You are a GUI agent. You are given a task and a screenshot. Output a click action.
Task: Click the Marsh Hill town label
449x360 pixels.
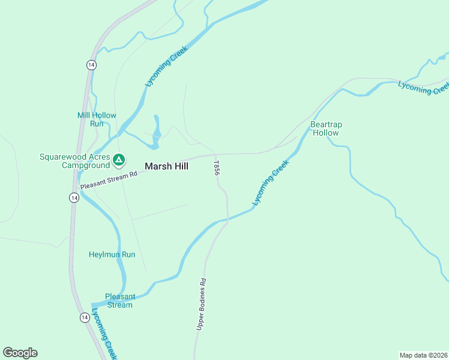[166, 166]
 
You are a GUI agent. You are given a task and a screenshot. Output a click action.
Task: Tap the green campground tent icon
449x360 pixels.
[119, 160]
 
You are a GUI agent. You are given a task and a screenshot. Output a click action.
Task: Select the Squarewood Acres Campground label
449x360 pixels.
[75, 161]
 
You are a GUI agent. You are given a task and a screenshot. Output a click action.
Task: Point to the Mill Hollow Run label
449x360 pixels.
[97, 119]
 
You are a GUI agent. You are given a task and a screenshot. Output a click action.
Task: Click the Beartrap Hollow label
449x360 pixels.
[326, 128]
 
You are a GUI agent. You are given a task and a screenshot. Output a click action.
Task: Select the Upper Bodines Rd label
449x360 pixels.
[201, 304]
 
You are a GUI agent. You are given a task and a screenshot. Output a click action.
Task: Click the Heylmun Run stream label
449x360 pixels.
[112, 254]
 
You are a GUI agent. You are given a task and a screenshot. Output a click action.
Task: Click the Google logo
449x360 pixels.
[20, 353]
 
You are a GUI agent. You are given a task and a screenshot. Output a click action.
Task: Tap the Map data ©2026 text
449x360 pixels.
[423, 355]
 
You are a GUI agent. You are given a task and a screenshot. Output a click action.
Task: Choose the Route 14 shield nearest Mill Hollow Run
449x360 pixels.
[91, 65]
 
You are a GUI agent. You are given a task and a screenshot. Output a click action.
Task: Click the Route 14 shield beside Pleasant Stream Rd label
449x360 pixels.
[73, 197]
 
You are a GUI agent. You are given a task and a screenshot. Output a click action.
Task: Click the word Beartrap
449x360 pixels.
[326, 125]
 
